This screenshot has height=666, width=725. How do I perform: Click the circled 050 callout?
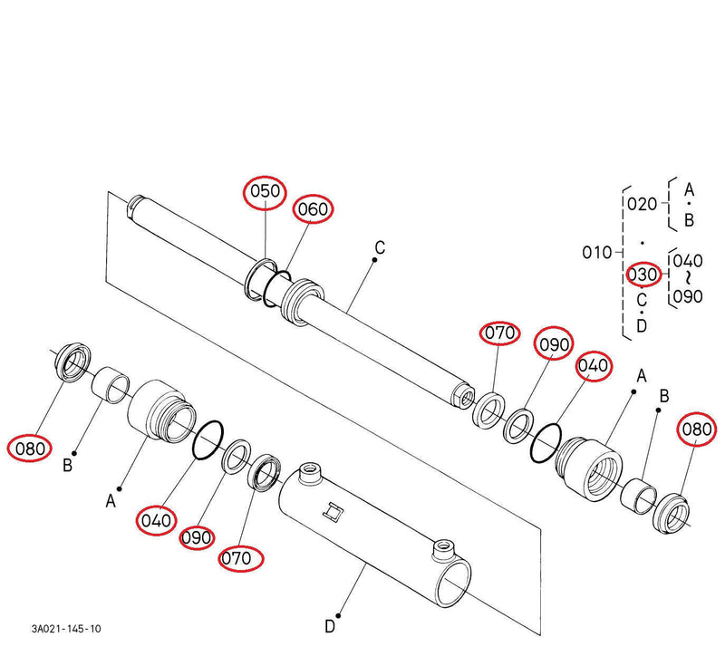click(265, 192)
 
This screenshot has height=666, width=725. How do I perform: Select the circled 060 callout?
click(313, 209)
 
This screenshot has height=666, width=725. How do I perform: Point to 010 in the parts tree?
click(596, 252)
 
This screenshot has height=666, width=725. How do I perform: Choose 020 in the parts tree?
click(642, 204)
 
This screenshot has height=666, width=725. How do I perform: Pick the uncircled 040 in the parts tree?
click(688, 261)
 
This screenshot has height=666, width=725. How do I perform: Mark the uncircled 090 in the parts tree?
click(688, 295)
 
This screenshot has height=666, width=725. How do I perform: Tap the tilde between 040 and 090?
click(688, 278)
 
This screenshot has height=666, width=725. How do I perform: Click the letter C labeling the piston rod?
click(380, 246)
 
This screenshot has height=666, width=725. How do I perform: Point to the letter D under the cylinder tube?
click(331, 624)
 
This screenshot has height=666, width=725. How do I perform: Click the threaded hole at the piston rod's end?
click(464, 395)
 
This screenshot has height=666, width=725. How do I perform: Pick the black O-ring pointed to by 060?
click(275, 289)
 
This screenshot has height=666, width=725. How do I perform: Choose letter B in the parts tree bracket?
click(689, 219)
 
